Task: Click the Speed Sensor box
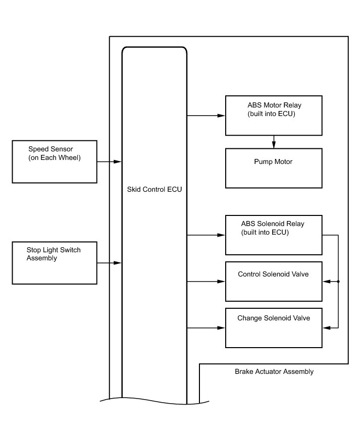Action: pos(55,161)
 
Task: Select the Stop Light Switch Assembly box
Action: pos(55,263)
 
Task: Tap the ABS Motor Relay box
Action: pos(274,116)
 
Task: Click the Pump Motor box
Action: pos(274,168)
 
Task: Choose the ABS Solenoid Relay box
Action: pos(274,235)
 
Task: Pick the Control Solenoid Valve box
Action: pos(274,281)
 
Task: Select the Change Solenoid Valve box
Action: pos(274,327)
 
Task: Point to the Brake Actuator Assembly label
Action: pos(274,372)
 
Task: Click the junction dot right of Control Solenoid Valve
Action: pos(338,281)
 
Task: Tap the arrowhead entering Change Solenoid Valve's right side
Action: pos(326,328)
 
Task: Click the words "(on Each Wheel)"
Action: pos(55,158)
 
